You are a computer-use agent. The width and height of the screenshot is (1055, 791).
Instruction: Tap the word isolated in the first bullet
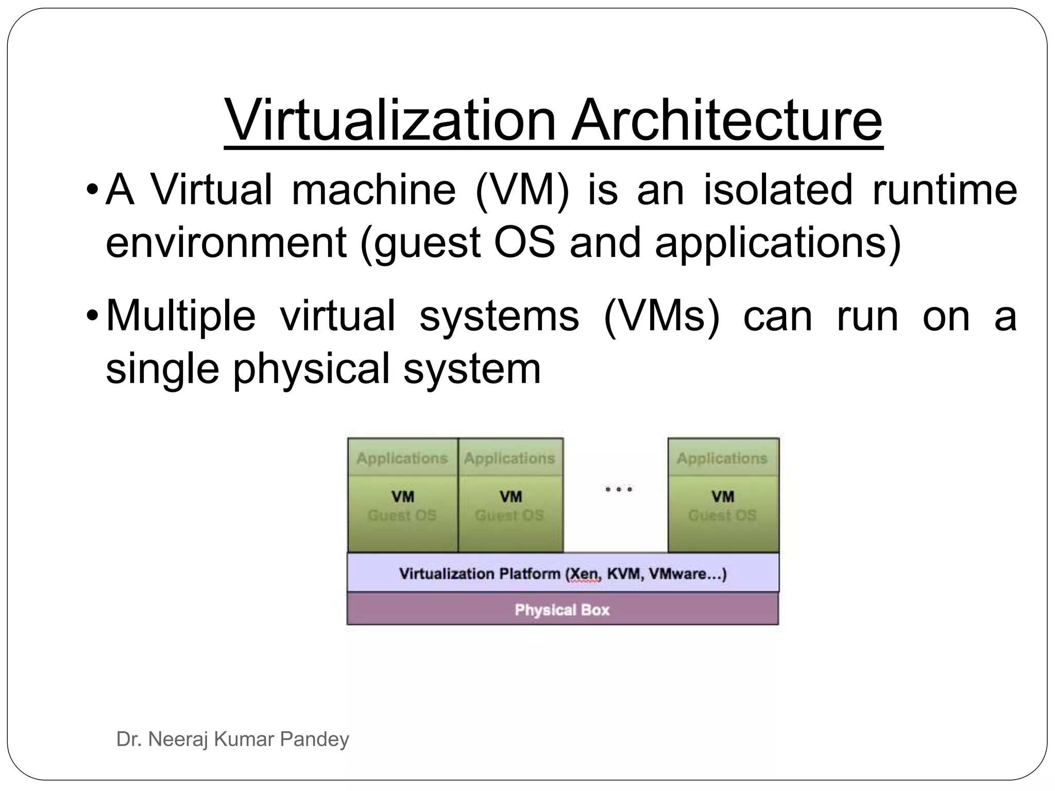[777, 190]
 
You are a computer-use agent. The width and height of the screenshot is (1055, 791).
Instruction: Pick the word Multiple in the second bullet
[181, 316]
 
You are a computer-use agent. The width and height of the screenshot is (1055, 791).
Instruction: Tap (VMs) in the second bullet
[661, 316]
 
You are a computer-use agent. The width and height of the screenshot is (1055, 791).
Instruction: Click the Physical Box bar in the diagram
[562, 610]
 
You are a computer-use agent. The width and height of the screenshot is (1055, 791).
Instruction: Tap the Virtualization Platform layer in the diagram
[563, 574]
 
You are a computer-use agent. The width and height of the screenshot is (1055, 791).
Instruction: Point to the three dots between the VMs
[618, 489]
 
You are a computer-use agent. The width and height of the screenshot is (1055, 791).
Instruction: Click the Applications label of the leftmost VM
[402, 458]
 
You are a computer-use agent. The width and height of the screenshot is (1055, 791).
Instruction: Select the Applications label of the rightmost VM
[722, 458]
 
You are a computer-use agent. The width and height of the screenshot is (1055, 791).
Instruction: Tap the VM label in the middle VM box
[511, 496]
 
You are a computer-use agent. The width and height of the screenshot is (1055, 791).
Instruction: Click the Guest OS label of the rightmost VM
[722, 515]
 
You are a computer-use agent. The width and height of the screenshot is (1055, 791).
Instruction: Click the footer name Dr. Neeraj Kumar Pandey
[233, 740]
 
